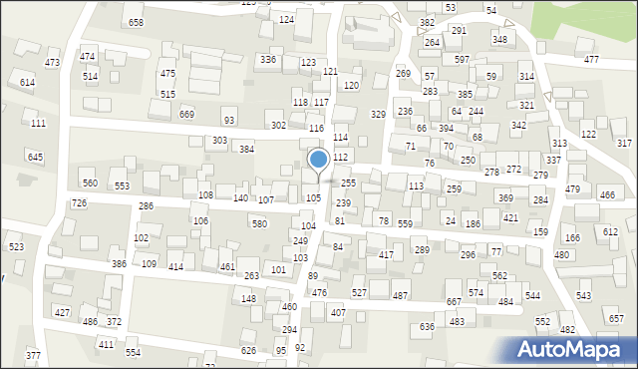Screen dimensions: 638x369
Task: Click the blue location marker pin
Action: [319, 160]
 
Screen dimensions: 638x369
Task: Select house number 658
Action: [136, 22]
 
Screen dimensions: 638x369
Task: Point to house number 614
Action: [27, 83]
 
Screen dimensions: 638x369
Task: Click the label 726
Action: [79, 203]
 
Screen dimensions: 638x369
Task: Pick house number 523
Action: [16, 246]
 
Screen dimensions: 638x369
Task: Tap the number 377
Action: [33, 356]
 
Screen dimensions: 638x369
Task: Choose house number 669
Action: [187, 115]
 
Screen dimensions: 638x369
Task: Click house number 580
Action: [259, 223]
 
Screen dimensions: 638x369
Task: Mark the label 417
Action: [386, 255]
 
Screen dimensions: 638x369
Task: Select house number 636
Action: [427, 327]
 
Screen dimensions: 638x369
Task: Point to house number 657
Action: [615, 318]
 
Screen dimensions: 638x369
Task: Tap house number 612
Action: [611, 231]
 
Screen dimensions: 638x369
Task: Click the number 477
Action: [591, 61]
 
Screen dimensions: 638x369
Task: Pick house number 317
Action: [624, 144]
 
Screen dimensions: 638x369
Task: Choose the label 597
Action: [462, 60]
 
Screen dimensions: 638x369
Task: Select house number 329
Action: [378, 115]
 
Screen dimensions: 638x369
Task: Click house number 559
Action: [405, 224]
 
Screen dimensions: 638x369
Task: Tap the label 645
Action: [35, 158]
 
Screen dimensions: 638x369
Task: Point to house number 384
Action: [245, 150]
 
